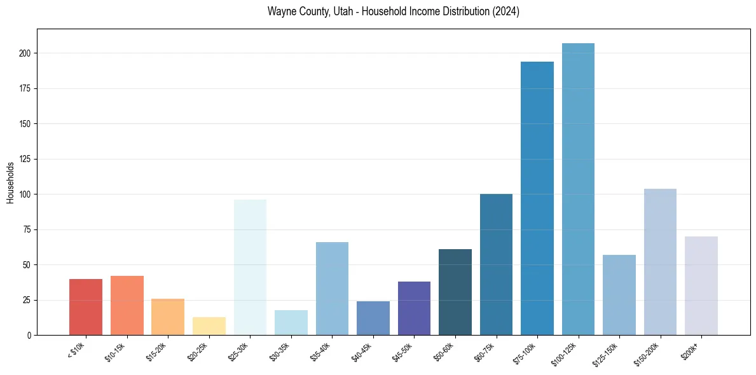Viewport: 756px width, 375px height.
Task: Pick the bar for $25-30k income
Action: point(250,267)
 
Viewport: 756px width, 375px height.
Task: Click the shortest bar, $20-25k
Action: point(209,326)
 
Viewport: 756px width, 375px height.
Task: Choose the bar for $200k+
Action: point(701,285)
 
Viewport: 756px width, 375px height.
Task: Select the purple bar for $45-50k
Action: point(414,308)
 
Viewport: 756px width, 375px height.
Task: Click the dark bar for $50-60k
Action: point(455,292)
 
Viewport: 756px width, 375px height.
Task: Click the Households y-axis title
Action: point(10,182)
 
